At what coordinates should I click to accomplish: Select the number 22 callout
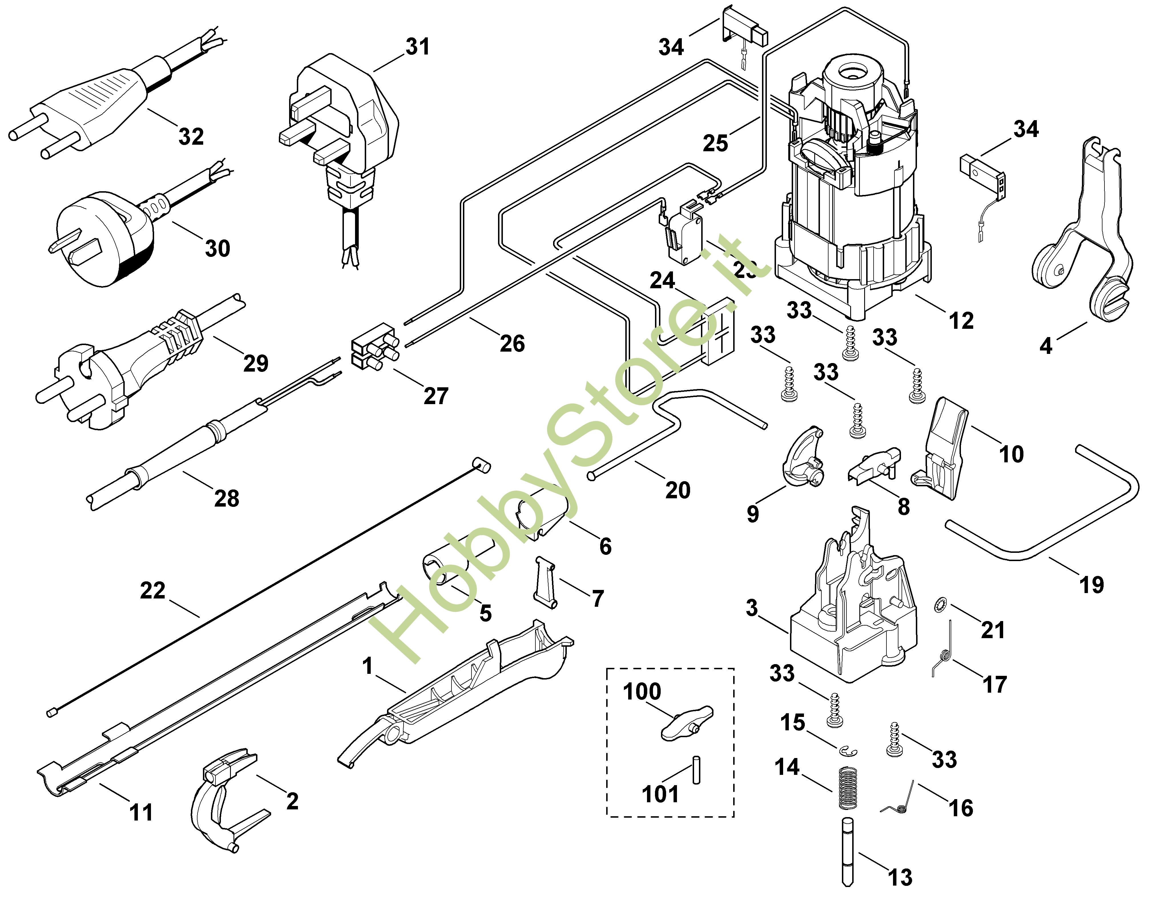(153, 590)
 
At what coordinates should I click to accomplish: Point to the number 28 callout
(227, 498)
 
